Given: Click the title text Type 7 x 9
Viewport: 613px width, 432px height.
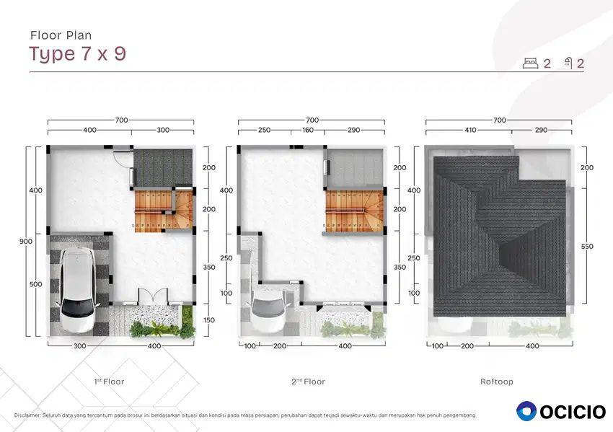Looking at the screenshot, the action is [x=77, y=54].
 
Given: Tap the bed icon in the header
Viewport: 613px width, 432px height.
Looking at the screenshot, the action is [x=530, y=63].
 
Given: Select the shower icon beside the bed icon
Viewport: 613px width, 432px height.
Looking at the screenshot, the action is [x=568, y=63].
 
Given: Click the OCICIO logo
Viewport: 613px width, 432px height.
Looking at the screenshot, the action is [x=561, y=411].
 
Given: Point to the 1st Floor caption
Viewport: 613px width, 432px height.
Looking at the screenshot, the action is [x=109, y=382].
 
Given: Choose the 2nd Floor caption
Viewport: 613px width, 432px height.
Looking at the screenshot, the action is [x=308, y=382].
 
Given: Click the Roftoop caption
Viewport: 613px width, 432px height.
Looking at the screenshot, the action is [x=496, y=382].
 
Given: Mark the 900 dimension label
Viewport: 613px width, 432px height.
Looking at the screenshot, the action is [x=26, y=241].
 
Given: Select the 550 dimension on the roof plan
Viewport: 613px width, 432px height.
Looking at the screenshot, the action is [x=587, y=247].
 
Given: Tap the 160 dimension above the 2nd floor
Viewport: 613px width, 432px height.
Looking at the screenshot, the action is [x=308, y=130].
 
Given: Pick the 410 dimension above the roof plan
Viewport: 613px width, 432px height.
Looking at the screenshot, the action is [x=470, y=130].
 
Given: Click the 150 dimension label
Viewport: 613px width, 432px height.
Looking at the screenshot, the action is [x=208, y=319].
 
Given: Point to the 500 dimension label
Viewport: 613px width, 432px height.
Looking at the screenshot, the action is [x=35, y=284].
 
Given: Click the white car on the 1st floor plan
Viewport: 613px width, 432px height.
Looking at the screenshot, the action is [x=78, y=291].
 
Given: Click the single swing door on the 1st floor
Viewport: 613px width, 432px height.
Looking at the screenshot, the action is [x=122, y=159].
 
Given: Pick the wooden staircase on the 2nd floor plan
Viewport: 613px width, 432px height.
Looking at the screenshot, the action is [x=355, y=211].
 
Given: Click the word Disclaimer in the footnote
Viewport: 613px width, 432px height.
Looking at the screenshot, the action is [x=27, y=415].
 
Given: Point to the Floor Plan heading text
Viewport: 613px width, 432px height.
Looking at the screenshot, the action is [x=61, y=35].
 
